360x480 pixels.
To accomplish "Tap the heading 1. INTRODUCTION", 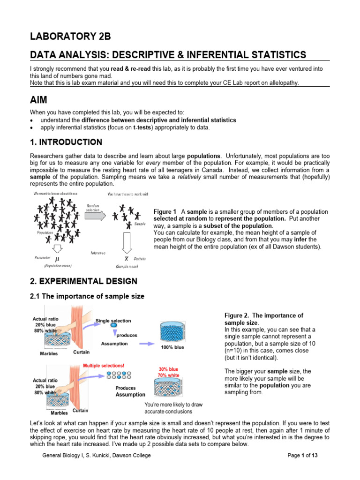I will click(x=66, y=142).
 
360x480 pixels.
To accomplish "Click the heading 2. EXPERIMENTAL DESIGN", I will click(x=83, y=281).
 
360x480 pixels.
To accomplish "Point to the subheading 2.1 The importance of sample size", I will click(x=87, y=296).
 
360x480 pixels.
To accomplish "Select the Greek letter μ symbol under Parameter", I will click(x=57, y=259).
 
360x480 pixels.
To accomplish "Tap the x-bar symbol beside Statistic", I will click(x=126, y=259).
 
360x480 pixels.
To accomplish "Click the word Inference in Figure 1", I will click(x=98, y=253).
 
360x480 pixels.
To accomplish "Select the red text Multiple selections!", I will click(x=104, y=365).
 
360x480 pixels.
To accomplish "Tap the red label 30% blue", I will click(x=168, y=369).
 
